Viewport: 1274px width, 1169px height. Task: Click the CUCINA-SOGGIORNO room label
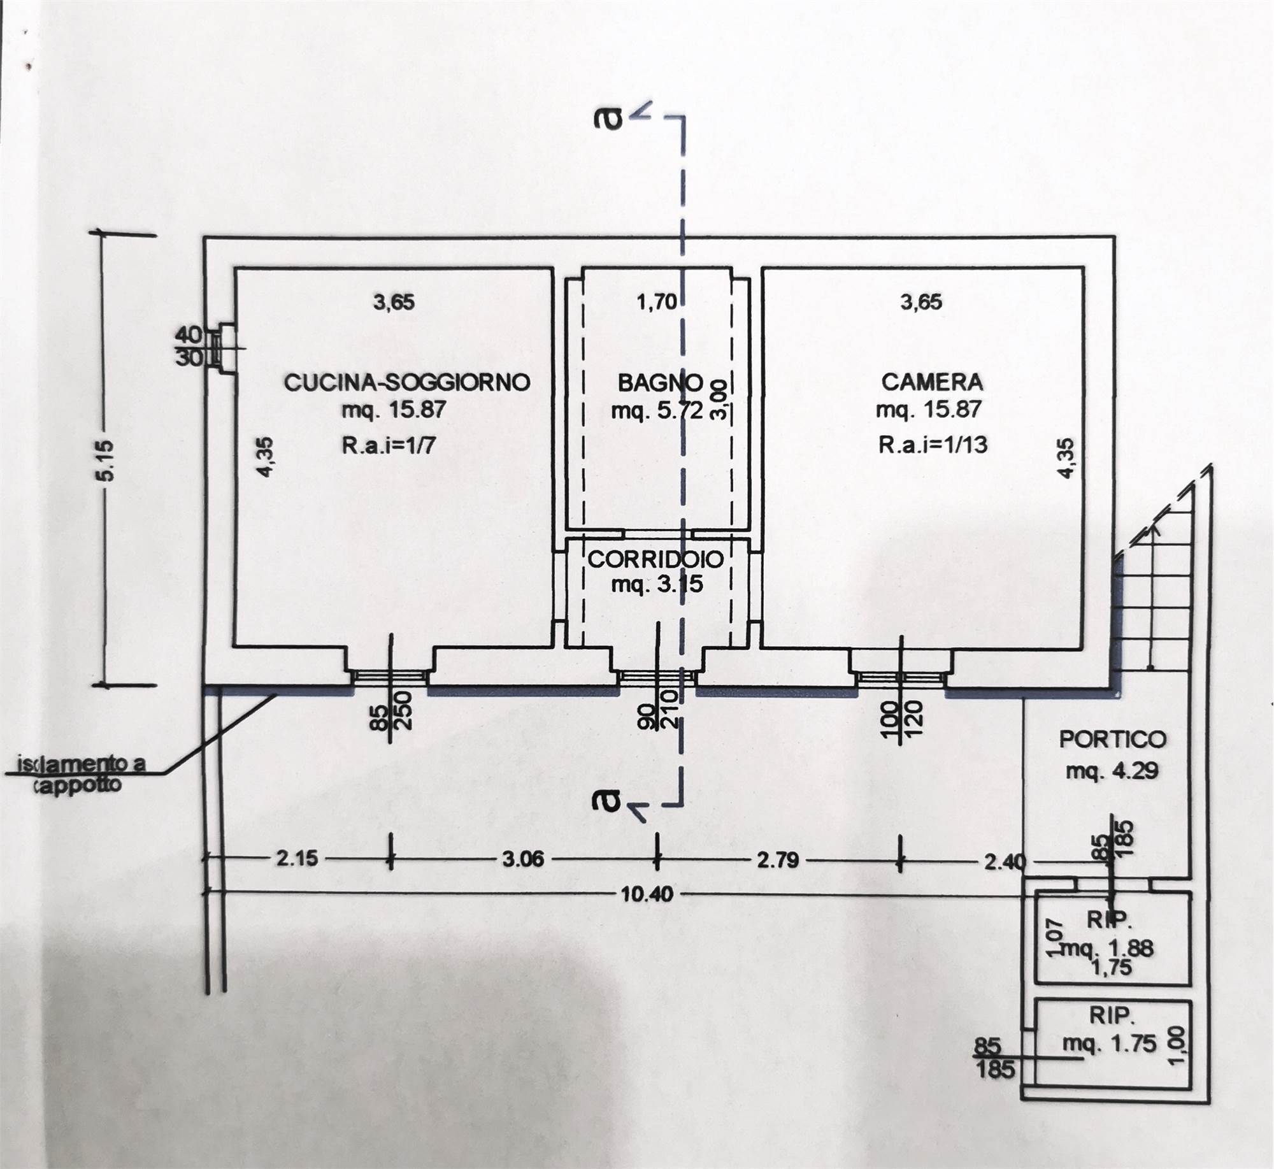pos(406,382)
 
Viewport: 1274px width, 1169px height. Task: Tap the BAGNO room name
pos(660,383)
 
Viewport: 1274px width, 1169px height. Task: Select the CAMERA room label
pos(932,382)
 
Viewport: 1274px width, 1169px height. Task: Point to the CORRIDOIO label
pos(655,559)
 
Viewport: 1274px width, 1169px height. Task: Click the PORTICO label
pos(1112,739)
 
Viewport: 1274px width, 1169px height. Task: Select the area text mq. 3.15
pos(657,584)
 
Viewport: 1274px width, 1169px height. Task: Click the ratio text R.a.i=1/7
pos(389,445)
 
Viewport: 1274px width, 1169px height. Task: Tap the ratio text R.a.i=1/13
pos(933,444)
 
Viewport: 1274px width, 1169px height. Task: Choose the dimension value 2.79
pos(777,859)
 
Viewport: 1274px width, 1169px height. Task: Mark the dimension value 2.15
pos(297,858)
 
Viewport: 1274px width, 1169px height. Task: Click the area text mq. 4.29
pos(1112,771)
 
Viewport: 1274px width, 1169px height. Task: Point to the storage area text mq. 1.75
pos(1109,1044)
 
